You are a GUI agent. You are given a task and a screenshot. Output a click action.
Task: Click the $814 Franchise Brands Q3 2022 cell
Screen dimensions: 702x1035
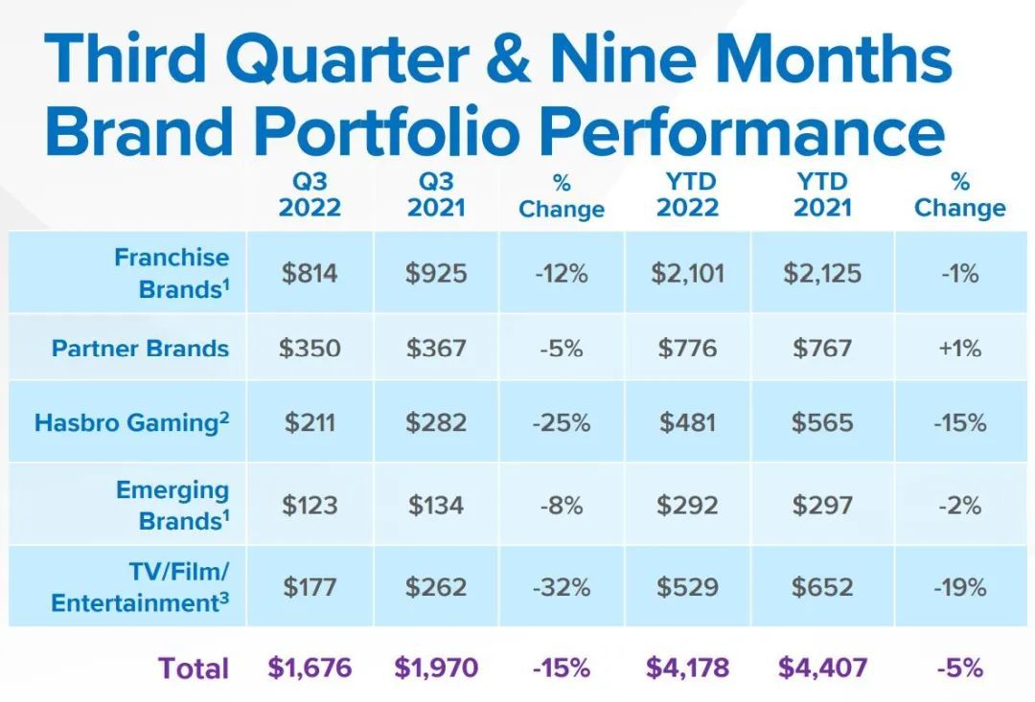coord(310,273)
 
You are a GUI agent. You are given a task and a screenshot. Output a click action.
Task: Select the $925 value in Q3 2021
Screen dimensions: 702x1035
coord(436,273)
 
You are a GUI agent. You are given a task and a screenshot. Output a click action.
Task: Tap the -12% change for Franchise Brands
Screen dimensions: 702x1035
coord(562,273)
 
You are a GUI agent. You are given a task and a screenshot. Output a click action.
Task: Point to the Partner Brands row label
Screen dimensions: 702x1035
coord(140,348)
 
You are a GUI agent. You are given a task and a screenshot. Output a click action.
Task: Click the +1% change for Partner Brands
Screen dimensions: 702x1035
coord(959,348)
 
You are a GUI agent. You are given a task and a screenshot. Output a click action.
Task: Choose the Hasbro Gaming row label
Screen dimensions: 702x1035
coord(132,422)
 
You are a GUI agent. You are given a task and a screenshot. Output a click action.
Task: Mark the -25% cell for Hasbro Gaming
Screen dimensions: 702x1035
coord(562,422)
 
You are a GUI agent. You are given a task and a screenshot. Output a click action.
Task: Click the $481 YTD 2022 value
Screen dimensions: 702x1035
coord(687,422)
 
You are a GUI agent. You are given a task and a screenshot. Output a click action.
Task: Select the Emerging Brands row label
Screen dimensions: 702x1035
coord(172,506)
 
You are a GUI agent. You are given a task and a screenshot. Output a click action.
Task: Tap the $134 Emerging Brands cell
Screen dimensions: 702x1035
coord(436,505)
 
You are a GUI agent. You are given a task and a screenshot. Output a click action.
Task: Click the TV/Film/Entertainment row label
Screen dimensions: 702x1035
coord(140,587)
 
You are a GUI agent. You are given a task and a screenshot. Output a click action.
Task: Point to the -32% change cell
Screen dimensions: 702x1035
coord(562,586)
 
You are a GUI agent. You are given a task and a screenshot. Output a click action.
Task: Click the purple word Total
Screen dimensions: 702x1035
coord(194,668)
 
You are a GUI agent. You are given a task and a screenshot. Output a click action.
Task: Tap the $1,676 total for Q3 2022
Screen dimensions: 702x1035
coord(310,668)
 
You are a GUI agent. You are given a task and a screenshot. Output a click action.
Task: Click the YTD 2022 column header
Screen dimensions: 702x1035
coord(687,194)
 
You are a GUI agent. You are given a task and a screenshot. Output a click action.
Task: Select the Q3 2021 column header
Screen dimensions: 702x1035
coord(436,194)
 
